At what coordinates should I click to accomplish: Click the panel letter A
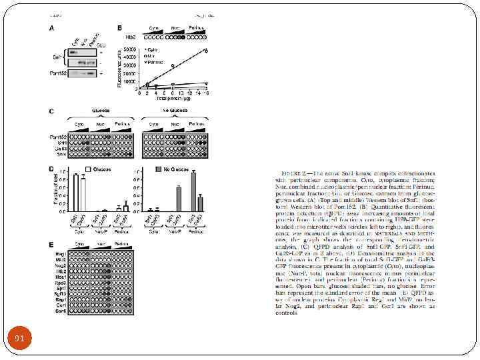(52, 28)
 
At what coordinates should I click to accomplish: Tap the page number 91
(19, 339)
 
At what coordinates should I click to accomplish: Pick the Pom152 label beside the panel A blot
(57, 73)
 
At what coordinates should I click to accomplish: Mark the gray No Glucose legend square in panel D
(159, 169)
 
